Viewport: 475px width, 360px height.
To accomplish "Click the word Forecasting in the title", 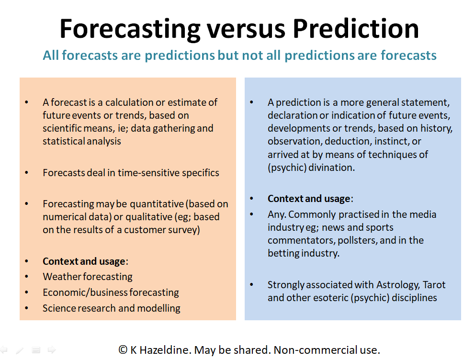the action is coord(130,29).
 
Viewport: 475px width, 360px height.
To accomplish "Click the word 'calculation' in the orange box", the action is coord(129,102).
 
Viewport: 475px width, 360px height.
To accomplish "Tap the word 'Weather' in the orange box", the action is coord(62,276).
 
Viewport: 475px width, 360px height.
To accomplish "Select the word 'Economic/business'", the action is coord(85,292).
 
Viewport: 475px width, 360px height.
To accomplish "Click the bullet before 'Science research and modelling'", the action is coord(27,308).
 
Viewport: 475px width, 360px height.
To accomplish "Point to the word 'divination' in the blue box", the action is coord(331,168).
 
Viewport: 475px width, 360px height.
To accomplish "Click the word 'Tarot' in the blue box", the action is coord(434,285).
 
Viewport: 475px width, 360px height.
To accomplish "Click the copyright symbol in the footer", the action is coord(123,350).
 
